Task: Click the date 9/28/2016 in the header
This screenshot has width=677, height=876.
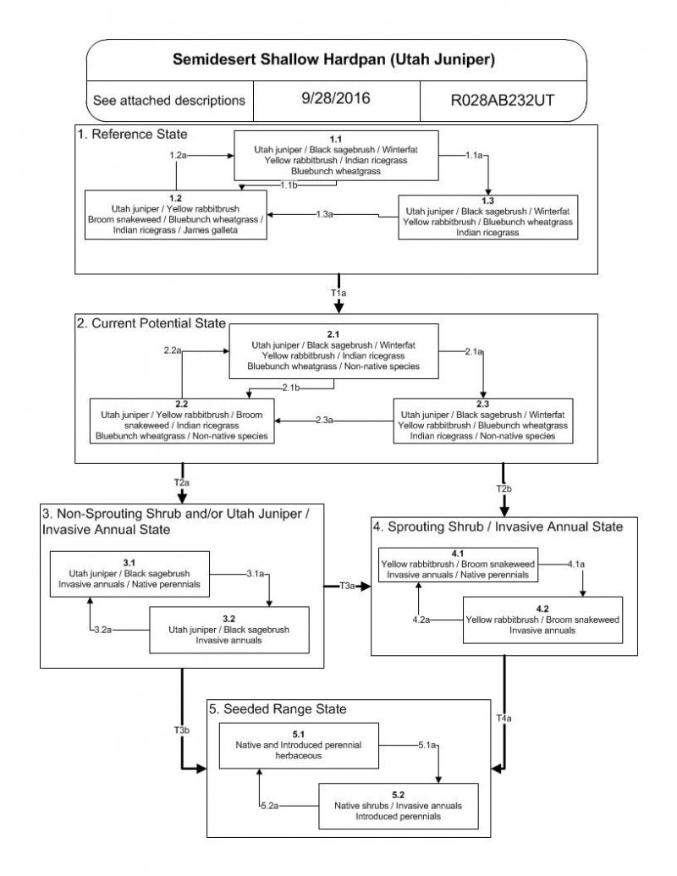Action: (x=335, y=98)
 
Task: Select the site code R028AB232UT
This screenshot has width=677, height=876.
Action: (x=503, y=99)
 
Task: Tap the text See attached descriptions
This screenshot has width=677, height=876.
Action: (x=169, y=100)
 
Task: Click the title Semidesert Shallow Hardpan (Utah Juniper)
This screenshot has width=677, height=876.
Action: (x=334, y=60)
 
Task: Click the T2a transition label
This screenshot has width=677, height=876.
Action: (x=181, y=482)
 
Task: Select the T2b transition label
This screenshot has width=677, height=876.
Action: (x=504, y=489)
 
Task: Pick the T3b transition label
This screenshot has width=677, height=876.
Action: (x=181, y=730)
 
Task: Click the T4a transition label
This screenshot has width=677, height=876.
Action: (x=504, y=719)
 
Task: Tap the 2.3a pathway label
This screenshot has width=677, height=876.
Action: (x=324, y=421)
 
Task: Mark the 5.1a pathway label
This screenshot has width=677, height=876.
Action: (x=427, y=745)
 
